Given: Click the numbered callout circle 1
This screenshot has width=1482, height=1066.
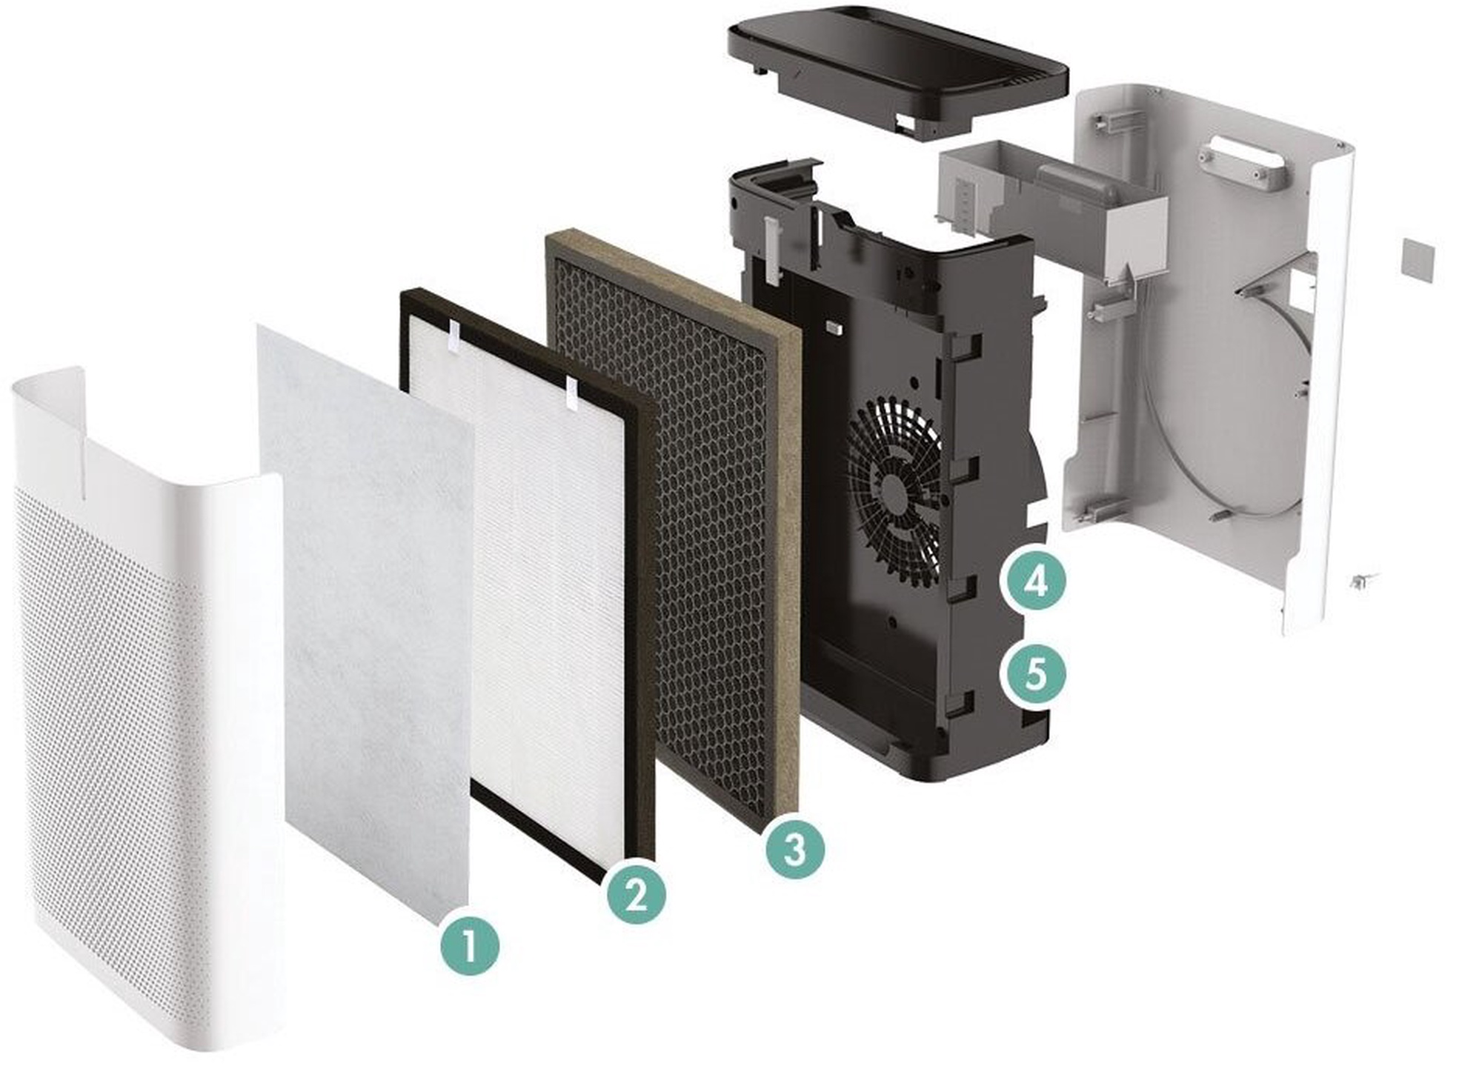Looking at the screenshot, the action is (470, 946).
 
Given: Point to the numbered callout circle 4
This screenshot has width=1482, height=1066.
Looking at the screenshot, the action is (1035, 580).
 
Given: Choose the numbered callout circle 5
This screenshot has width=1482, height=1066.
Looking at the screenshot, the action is (1035, 674).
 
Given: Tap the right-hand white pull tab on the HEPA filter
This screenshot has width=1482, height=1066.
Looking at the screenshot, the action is (571, 393).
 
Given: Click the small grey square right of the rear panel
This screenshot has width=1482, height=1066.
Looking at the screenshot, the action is (1418, 260).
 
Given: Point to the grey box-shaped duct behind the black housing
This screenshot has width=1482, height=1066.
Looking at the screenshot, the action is (1052, 207).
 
